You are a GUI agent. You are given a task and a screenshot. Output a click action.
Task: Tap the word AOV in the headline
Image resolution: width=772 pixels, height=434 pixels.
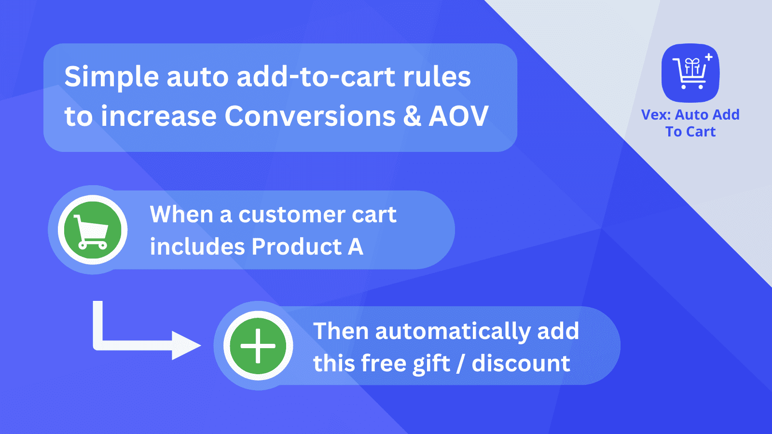click(458, 117)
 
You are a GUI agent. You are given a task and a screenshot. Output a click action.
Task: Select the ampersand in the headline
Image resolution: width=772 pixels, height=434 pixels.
click(412, 117)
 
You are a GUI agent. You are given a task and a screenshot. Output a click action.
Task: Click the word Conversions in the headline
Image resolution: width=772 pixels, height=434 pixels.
click(310, 117)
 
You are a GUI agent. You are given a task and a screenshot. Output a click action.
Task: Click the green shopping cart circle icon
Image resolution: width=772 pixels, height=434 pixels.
click(92, 230)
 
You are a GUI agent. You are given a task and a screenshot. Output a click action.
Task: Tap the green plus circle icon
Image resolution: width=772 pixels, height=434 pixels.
click(258, 346)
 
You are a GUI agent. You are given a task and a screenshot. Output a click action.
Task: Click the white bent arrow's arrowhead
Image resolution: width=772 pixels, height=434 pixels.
click(186, 345)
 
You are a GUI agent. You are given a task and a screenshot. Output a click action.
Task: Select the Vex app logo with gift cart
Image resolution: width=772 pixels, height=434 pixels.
click(690, 73)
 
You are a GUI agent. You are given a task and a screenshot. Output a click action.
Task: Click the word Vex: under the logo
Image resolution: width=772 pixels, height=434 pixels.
click(656, 115)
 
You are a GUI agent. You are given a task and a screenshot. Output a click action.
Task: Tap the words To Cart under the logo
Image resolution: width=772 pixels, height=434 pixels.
click(690, 132)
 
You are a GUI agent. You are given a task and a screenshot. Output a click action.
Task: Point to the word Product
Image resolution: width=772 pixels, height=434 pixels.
click(296, 247)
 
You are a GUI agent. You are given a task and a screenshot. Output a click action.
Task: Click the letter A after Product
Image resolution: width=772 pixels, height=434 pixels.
click(356, 247)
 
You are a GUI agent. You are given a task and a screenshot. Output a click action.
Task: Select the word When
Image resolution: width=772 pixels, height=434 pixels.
click(181, 215)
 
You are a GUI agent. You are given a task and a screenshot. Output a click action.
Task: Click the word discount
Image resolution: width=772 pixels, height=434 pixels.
click(521, 364)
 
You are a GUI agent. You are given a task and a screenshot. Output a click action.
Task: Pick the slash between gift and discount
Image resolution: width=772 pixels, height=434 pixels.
click(460, 364)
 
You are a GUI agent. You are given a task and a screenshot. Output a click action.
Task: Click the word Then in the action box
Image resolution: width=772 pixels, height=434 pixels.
click(341, 331)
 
